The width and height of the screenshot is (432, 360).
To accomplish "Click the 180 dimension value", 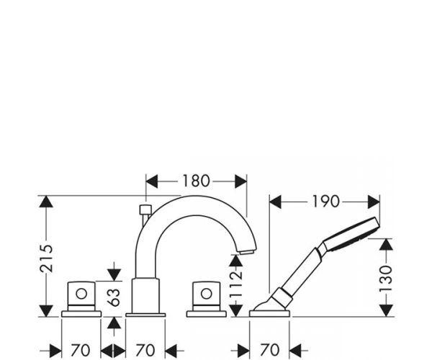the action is point(196,181).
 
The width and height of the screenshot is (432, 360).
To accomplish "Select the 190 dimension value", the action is point(325,202).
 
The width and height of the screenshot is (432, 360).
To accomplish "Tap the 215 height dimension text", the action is point(46,258).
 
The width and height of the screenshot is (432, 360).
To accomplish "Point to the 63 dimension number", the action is point(114,297).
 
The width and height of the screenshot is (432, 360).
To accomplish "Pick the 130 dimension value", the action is point(385,279).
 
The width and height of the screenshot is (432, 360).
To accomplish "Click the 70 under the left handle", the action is point(81,351).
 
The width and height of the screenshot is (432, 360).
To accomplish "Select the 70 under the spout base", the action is point(145,351).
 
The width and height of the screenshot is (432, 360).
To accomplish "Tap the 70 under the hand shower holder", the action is point(269,351).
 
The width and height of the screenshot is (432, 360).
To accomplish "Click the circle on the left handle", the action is point(81,294).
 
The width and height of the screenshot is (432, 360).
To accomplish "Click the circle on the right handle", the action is point(207,294).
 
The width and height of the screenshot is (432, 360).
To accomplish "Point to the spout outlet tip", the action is point(247,252).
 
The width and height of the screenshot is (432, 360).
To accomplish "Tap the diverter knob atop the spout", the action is point(145,210).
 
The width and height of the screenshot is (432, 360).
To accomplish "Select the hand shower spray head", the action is point(351,234).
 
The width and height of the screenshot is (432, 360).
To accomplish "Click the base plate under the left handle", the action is point(81,314).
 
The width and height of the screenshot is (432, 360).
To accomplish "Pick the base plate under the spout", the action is point(145,315).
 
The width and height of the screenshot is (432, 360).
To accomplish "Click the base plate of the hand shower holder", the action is point(269,314).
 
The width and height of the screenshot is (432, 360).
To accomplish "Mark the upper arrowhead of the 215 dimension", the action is point(46,202).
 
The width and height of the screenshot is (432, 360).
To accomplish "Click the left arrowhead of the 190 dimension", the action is point(275,202).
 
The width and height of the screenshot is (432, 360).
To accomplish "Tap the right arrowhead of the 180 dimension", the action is point(240,181).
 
